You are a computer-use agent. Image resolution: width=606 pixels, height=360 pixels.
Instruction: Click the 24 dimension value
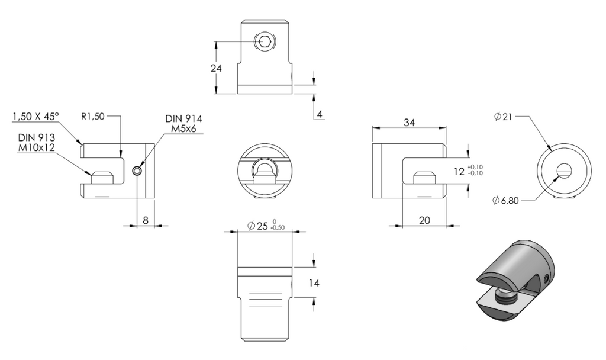tap(216, 69)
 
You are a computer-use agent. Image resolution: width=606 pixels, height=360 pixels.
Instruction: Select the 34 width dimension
tap(410, 123)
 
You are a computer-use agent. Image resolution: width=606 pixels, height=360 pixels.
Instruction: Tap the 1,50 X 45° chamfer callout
tap(36, 116)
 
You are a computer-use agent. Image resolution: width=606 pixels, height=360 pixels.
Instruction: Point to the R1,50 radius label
tap(93, 116)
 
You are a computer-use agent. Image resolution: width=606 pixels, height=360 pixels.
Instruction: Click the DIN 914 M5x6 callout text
tap(183, 123)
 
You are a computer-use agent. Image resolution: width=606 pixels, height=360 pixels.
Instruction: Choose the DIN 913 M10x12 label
tap(36, 142)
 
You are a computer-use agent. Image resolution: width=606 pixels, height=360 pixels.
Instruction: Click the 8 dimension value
tap(146, 220)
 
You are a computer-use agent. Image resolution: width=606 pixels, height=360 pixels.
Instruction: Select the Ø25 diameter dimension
tap(266, 226)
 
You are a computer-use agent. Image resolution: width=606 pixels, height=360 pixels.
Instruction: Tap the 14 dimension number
tap(314, 283)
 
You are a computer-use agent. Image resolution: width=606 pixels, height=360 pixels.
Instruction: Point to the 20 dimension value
tap(424, 220)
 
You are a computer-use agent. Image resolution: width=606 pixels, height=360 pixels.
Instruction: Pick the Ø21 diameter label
tap(503, 116)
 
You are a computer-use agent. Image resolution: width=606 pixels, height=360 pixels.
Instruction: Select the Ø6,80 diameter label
tap(505, 200)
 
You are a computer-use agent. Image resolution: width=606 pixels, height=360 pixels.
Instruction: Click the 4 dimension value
tap(319, 114)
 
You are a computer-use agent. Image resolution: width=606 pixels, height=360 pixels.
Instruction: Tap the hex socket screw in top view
tap(265, 41)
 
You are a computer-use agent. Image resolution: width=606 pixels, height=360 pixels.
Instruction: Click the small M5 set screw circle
tap(137, 171)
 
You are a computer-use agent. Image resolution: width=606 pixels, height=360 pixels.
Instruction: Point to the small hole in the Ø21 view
tap(564, 170)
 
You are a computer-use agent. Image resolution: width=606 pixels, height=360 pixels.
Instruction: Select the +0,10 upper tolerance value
tap(475, 167)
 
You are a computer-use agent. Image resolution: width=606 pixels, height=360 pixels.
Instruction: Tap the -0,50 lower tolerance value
tap(278, 228)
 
